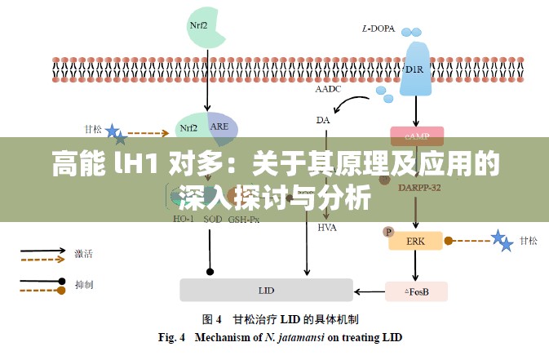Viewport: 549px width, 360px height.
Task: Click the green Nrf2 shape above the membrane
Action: [x=199, y=24]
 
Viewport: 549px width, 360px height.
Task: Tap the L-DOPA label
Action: [x=378, y=29]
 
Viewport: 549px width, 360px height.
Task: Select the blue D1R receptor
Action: [x=415, y=68]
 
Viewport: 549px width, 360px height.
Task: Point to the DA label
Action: [x=323, y=120]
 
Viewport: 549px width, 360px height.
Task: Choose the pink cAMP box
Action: [x=417, y=136]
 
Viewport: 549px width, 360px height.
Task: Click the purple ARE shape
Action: [x=221, y=127]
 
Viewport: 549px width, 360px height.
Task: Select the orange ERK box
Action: [x=416, y=240]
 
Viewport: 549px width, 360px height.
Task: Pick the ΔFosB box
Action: [x=416, y=291]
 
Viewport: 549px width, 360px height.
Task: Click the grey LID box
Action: [x=266, y=290]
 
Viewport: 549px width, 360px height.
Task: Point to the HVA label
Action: [x=327, y=227]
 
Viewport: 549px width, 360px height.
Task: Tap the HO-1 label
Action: [x=184, y=219]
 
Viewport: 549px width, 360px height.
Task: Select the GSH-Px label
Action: [x=244, y=219]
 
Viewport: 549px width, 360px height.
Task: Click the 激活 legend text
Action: [x=84, y=253]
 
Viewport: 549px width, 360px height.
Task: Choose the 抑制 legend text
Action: [x=84, y=286]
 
